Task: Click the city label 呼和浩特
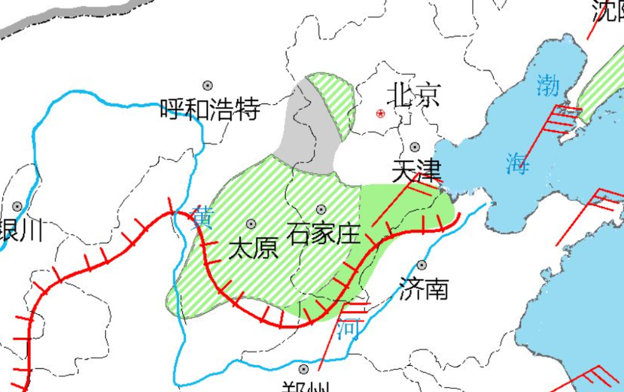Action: click(210, 110)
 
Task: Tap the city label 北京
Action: click(413, 96)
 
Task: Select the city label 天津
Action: click(417, 170)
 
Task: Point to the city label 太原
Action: click(253, 249)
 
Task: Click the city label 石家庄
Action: click(324, 235)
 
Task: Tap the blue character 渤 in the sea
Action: click(547, 85)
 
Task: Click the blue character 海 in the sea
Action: click(517, 163)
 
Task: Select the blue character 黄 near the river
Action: click(203, 217)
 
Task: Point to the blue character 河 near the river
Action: click(348, 328)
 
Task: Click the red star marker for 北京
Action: click(381, 113)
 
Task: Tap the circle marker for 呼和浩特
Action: click(208, 85)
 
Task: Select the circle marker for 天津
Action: click(415, 147)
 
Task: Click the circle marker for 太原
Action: click(251, 224)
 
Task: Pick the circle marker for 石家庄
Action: click(321, 209)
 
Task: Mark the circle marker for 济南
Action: click(422, 265)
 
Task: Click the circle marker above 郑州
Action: click(304, 369)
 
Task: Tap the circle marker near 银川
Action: click(17, 206)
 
